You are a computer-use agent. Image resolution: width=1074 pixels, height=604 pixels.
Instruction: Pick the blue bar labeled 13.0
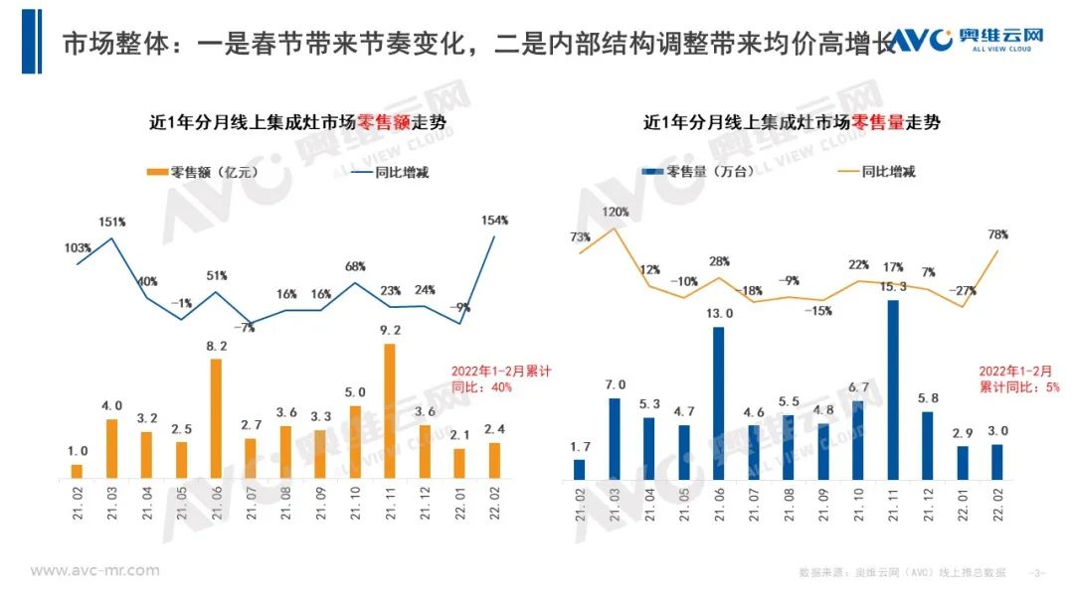(x=719, y=403)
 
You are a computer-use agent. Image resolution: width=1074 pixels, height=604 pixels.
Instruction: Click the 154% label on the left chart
(x=494, y=220)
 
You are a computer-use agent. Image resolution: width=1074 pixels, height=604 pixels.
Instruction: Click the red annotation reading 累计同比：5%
(x=1007, y=386)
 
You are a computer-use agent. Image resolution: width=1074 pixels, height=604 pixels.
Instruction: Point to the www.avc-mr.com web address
(x=94, y=570)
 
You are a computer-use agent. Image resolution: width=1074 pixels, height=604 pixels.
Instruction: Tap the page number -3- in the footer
(x=1038, y=572)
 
